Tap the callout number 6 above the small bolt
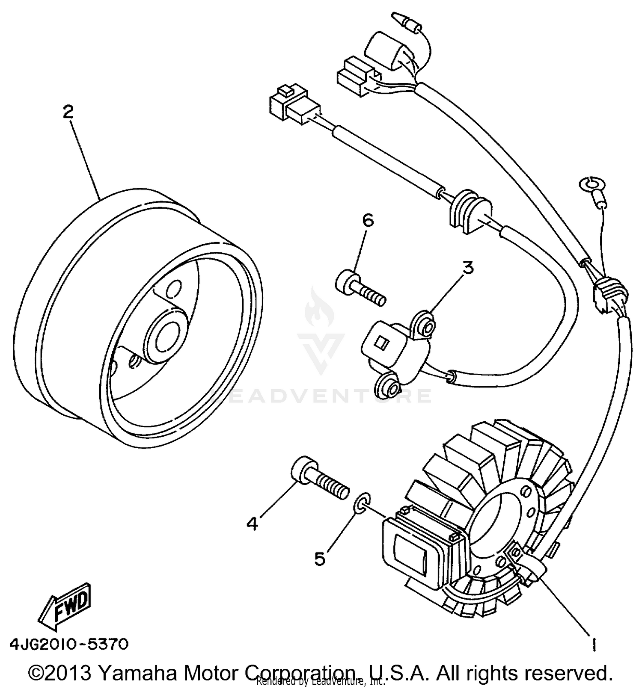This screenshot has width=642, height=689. point(368,221)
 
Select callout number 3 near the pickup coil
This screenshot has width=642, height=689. point(468,268)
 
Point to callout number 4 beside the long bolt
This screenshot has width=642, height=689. point(253,523)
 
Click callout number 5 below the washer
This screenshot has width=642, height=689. point(320,559)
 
